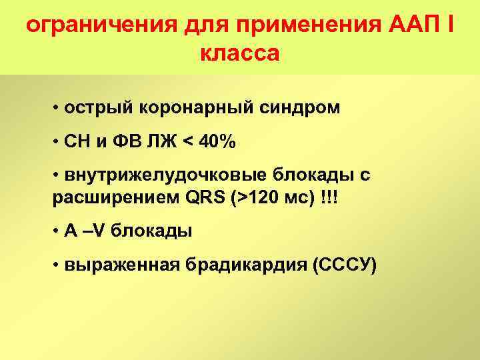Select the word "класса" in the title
click(x=239, y=53)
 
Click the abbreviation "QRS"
click(x=199, y=199)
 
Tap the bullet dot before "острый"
click(x=59, y=108)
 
